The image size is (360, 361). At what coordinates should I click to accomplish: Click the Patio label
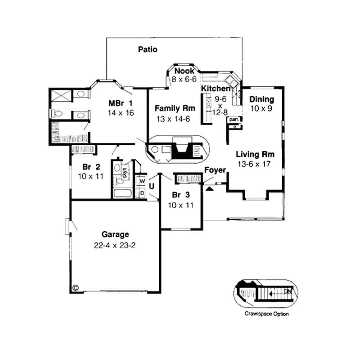click(148, 49)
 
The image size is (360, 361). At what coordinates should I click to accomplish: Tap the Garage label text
click(115, 234)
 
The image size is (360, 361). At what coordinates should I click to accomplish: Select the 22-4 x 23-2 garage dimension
click(115, 245)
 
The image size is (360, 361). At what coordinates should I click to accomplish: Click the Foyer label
click(215, 170)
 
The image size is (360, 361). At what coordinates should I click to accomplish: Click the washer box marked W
click(142, 181)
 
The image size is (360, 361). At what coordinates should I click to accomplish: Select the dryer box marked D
click(142, 193)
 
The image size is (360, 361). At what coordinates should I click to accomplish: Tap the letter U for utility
click(153, 186)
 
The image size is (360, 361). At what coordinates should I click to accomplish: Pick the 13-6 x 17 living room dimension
click(256, 164)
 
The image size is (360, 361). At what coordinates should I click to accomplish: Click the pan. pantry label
click(234, 120)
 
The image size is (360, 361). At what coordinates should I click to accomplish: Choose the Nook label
click(184, 71)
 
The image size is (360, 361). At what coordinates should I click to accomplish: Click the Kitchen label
click(216, 88)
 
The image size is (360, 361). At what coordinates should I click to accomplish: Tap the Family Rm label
click(175, 108)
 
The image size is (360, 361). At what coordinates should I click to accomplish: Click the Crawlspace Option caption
click(267, 314)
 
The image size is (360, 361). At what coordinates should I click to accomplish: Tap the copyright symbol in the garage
click(75, 287)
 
